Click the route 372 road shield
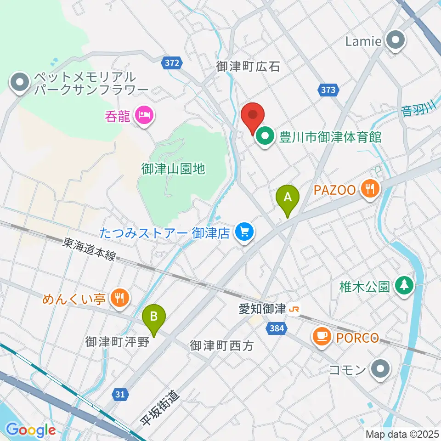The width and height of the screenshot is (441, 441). [x=173, y=62]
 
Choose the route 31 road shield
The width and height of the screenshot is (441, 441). [x=120, y=394]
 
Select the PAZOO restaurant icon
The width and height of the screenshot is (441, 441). [x=370, y=188]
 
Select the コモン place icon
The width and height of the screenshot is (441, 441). [x=380, y=369]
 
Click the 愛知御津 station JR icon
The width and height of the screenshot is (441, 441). [x=293, y=310]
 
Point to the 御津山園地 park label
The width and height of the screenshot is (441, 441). [x=172, y=169]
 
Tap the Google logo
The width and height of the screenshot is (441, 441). [x=31, y=430]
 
